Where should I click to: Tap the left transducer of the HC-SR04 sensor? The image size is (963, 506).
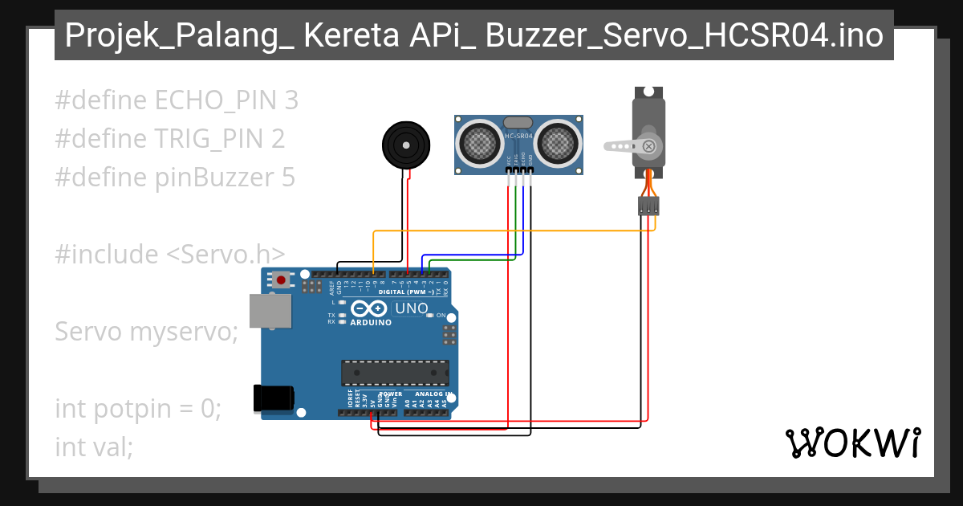tap(479, 143)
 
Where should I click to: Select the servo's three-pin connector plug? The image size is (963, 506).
tap(648, 206)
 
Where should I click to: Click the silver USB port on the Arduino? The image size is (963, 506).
tap(270, 311)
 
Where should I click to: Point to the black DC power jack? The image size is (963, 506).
tap(273, 399)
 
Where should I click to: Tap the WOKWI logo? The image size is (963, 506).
tap(852, 443)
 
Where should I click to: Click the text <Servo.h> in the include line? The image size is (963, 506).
tap(226, 255)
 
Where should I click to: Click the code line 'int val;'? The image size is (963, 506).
tap(94, 447)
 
